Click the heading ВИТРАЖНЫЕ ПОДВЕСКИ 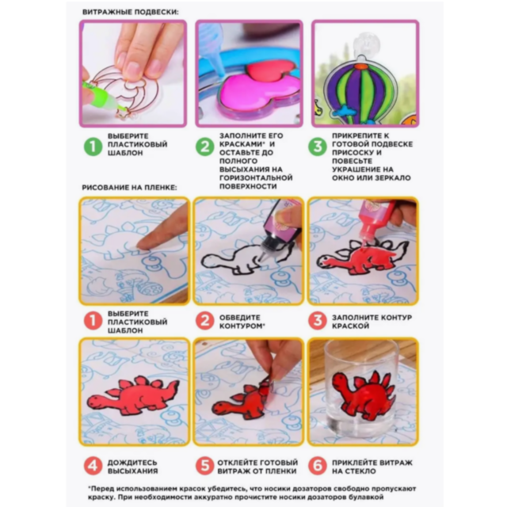click(x=130, y=13)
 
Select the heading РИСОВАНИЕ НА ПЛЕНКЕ click(x=129, y=188)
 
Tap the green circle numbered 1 click(x=93, y=147)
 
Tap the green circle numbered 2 click(x=204, y=147)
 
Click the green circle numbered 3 click(x=318, y=147)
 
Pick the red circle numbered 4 click(x=93, y=466)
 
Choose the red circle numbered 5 click(x=204, y=466)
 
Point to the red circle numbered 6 click(x=318, y=466)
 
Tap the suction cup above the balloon click(x=366, y=43)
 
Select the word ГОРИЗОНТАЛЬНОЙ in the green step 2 click(x=256, y=177)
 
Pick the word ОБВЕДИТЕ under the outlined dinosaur click(x=239, y=318)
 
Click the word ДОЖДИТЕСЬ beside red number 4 click(x=132, y=463)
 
